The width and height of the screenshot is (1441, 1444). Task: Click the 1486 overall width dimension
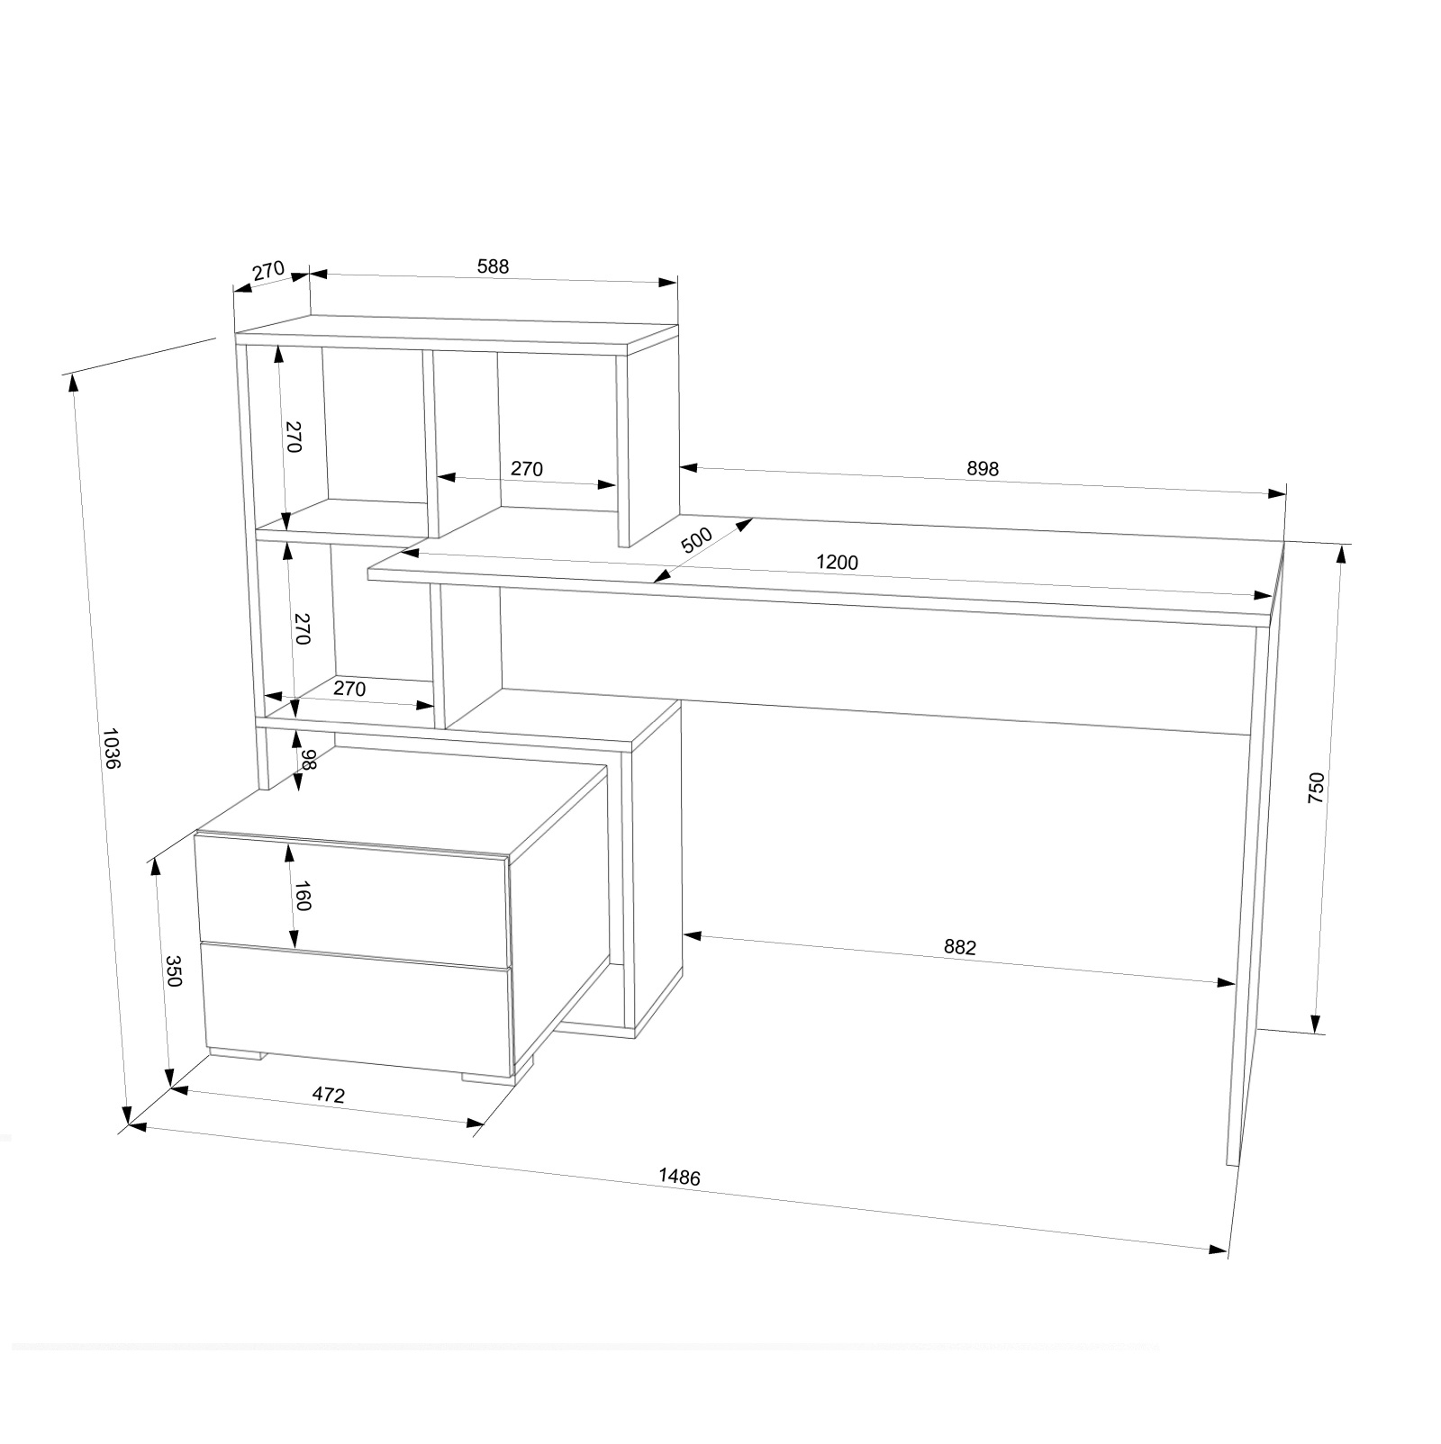pyautogui.click(x=679, y=1176)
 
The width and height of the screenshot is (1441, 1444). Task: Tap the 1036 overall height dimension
pyautogui.click(x=112, y=748)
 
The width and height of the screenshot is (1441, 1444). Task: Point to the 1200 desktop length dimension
pyautogui.click(x=837, y=563)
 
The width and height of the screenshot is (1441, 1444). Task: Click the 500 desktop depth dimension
pyautogui.click(x=696, y=539)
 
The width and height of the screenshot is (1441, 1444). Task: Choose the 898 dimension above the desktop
pyautogui.click(x=983, y=469)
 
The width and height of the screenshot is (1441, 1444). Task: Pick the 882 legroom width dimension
pyautogui.click(x=960, y=947)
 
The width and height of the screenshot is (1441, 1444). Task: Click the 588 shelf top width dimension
pyautogui.click(x=494, y=266)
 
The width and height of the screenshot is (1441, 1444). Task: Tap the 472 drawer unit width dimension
pyautogui.click(x=329, y=1096)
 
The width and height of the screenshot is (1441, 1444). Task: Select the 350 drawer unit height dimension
pyautogui.click(x=174, y=971)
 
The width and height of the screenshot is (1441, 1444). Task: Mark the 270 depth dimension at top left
pyautogui.click(x=268, y=270)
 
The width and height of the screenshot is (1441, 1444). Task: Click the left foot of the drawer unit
pyautogui.click(x=236, y=1052)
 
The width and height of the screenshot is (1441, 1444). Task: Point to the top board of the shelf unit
pyautogui.click(x=456, y=333)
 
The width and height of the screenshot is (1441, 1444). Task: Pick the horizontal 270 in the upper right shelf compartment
pyautogui.click(x=527, y=469)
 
